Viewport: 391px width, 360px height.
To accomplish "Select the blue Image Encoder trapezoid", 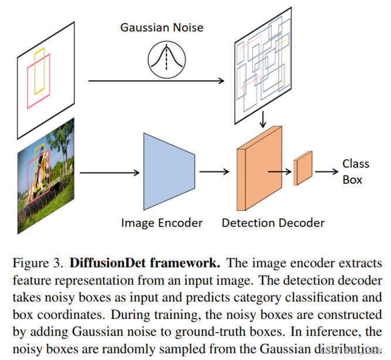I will click(x=168, y=171).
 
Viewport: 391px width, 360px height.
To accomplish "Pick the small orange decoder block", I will click(x=303, y=170).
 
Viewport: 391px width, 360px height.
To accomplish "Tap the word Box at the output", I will click(x=352, y=180).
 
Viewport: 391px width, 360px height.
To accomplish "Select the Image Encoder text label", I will click(x=161, y=223).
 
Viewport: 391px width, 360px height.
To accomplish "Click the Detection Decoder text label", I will click(x=273, y=223).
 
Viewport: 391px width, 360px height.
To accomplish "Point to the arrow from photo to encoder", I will click(x=109, y=173).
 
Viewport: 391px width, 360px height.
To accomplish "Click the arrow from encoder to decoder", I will click(x=214, y=173).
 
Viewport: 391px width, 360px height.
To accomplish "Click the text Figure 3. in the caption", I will click(x=39, y=263).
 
